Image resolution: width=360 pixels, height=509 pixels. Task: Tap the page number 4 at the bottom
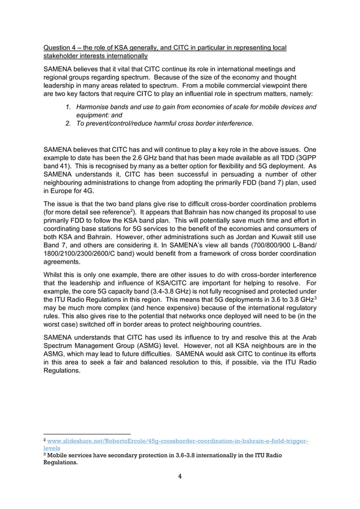[x=180, y=476]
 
